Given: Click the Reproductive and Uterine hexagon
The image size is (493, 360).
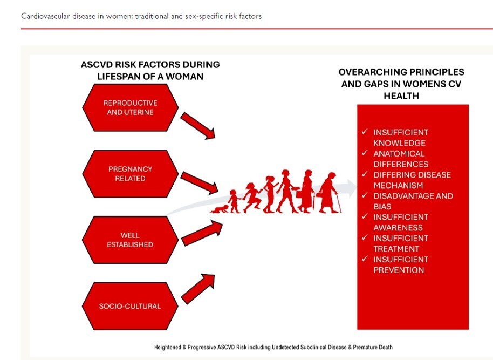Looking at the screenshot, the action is (x=130, y=107).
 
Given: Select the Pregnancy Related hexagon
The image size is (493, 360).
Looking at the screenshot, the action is (x=130, y=174).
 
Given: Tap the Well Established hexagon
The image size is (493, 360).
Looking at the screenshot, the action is (x=130, y=240).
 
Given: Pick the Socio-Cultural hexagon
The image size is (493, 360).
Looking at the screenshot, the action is (x=130, y=306).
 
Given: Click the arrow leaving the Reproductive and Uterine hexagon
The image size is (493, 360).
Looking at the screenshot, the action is (x=198, y=126).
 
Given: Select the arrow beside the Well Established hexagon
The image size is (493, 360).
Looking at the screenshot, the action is (x=202, y=233).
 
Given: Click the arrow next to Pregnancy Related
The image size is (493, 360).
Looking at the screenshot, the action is (x=200, y=183).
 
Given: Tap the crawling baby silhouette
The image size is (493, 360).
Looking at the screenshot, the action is (x=220, y=209).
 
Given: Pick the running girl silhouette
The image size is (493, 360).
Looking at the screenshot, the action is (x=252, y=198).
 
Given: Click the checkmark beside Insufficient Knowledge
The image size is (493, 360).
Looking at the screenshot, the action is (x=365, y=132).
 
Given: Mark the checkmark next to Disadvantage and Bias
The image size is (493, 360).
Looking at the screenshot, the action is (x=365, y=195).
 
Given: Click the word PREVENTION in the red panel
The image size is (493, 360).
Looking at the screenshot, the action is (x=399, y=270).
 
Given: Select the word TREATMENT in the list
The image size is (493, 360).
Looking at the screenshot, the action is (x=396, y=249).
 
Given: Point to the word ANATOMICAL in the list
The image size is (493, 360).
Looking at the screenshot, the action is (x=399, y=154).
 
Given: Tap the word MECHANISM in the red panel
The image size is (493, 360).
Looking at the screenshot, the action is (x=399, y=185).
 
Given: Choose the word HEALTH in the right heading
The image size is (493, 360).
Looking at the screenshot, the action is (x=401, y=96).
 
